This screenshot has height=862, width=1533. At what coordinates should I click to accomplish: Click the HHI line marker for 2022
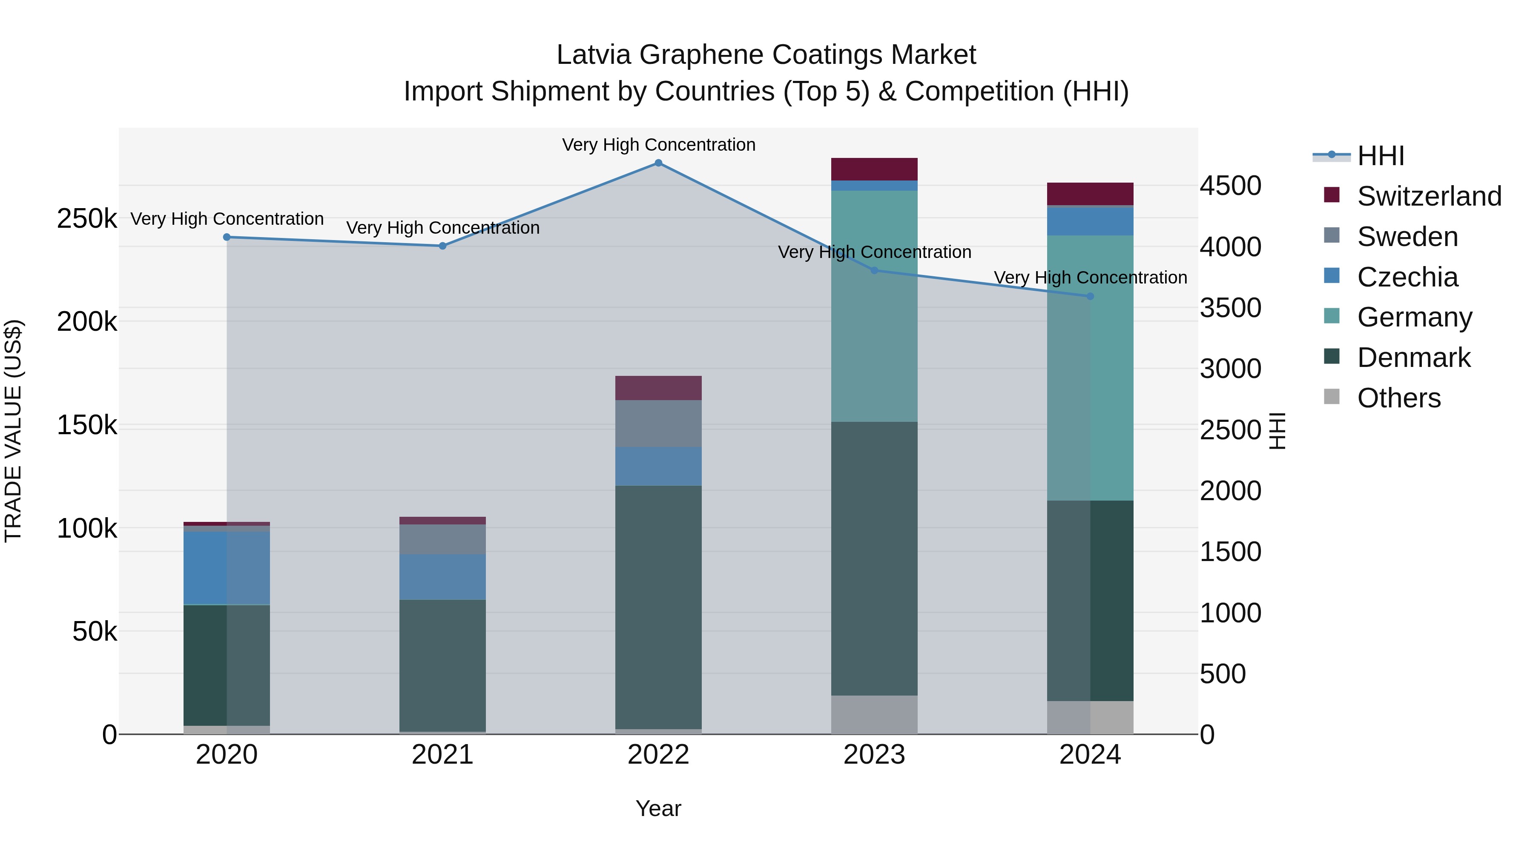pos(658,163)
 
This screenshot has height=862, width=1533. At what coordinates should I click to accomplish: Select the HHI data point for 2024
pos(1090,296)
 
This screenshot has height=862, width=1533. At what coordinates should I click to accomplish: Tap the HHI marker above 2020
pos(227,238)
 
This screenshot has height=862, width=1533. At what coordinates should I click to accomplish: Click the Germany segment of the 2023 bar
pos(874,306)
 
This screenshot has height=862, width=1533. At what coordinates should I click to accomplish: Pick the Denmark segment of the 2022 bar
pos(658,607)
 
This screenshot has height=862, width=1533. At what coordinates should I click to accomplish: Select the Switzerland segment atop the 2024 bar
pos(1090,194)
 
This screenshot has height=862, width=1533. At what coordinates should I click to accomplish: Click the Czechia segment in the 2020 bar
pos(227,568)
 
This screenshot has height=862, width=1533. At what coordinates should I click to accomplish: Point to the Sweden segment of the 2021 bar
pos(442,540)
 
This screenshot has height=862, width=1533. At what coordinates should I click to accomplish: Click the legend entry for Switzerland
pos(1429,196)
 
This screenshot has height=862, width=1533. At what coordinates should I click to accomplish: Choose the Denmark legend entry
pos(1413,358)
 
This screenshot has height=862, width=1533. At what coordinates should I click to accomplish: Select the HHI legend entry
pos(1381,156)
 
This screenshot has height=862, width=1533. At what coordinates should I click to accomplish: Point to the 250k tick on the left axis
pos(87,219)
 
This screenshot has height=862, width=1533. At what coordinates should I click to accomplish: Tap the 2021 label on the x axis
pos(442,755)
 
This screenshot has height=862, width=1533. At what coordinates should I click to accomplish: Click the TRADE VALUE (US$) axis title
pos(13,431)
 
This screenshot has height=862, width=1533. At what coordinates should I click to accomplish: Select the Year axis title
pos(658,808)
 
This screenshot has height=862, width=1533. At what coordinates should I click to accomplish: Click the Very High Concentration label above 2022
pos(658,145)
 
